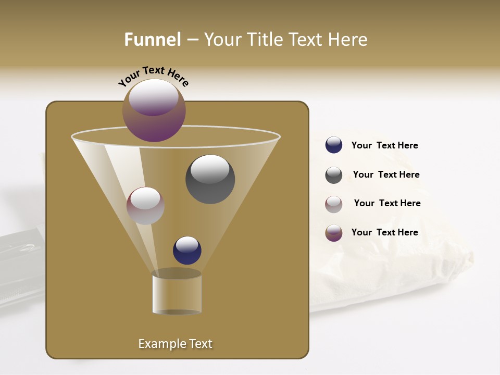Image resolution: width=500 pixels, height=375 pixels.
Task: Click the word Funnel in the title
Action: (152, 40)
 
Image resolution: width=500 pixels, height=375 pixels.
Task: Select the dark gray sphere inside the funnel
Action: (210, 179)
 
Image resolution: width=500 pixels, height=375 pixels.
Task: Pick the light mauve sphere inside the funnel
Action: (145, 206)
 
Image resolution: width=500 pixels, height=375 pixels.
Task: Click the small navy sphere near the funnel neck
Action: (187, 250)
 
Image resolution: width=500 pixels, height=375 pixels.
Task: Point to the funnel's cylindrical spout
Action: (177, 295)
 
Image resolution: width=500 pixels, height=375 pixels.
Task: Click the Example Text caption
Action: (175, 344)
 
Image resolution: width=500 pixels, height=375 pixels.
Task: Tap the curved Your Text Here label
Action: (153, 76)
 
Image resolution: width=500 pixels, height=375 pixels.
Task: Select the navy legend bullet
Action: (334, 145)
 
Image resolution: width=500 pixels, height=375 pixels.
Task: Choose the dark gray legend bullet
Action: (334, 175)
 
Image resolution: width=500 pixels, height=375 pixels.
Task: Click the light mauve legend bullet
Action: (334, 204)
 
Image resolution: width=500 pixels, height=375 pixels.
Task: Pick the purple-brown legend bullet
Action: (334, 233)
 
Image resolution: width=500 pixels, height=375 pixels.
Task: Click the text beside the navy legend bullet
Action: (384, 145)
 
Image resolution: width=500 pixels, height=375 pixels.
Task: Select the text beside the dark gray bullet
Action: (386, 174)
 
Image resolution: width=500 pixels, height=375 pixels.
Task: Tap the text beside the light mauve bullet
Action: (387, 203)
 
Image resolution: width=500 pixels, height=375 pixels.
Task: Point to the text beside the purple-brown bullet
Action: (384, 232)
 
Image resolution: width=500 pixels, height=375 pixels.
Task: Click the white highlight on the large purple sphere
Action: (154, 97)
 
